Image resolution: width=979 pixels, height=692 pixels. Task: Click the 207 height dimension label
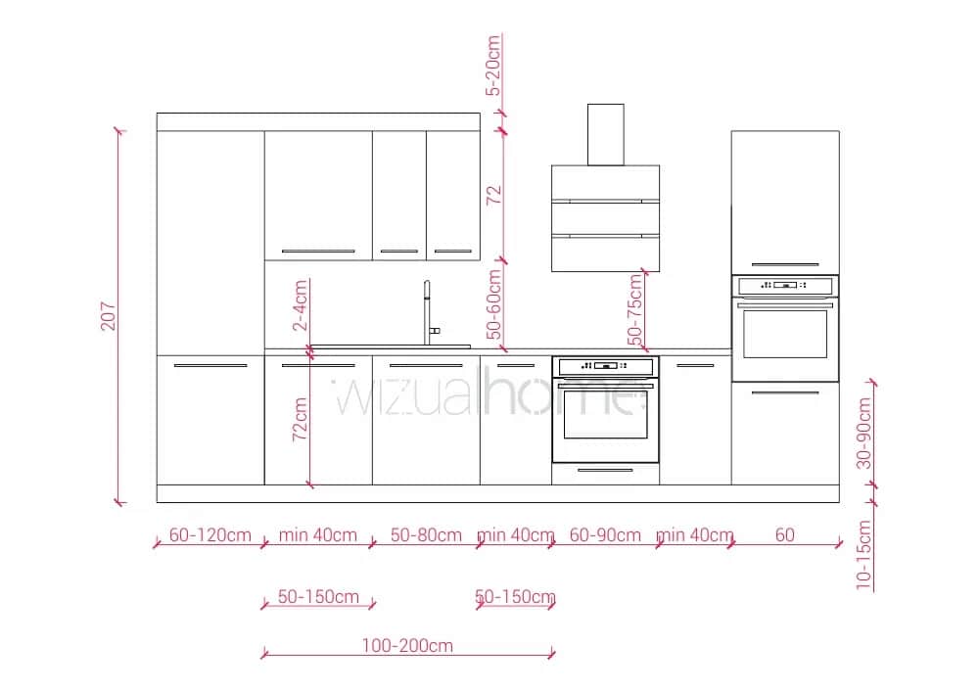point(108,316)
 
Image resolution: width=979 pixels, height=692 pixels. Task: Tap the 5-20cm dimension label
point(493,66)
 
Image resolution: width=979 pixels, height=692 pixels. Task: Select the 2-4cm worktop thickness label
point(301,305)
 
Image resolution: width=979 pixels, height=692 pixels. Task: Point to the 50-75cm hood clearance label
point(635,309)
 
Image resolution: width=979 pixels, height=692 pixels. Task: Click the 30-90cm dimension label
point(863,433)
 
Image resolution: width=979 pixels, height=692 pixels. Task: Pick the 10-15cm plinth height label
point(863,555)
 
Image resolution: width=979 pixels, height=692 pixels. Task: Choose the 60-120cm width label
point(210,535)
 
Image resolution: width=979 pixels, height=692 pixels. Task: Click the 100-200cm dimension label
point(407,645)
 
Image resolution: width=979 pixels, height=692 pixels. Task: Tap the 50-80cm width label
point(427,535)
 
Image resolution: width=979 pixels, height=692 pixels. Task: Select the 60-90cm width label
point(605,535)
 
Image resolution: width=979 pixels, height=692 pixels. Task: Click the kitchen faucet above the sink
point(430,312)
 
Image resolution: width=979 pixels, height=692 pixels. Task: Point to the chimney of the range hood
point(606,135)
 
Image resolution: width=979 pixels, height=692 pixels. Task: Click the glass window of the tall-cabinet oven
point(785,335)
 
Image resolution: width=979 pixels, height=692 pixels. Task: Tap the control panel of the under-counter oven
point(605,366)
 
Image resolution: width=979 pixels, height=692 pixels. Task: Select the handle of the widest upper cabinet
point(318,252)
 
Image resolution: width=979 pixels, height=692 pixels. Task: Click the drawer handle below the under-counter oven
point(605,470)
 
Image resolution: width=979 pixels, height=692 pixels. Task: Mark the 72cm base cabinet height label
point(301,419)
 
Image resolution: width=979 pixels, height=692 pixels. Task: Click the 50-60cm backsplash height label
point(493,303)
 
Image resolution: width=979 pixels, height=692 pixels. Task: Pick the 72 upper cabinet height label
point(493,196)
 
